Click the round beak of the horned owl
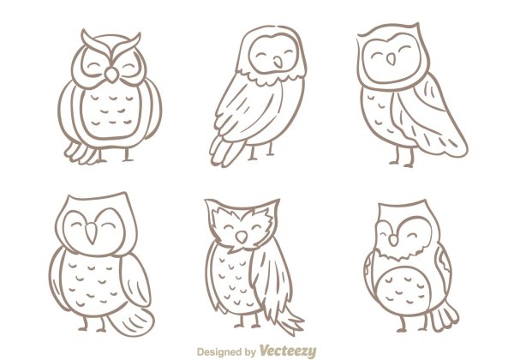[111, 75]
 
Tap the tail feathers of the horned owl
[82, 153]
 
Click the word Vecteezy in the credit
[288, 351]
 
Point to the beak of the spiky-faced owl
[242, 237]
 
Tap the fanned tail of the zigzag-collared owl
[444, 317]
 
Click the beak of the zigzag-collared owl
[393, 240]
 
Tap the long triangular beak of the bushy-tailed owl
[91, 232]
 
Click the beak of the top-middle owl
[278, 62]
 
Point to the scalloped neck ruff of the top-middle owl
[271, 76]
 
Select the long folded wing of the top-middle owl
[233, 122]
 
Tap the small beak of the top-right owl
[391, 59]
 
